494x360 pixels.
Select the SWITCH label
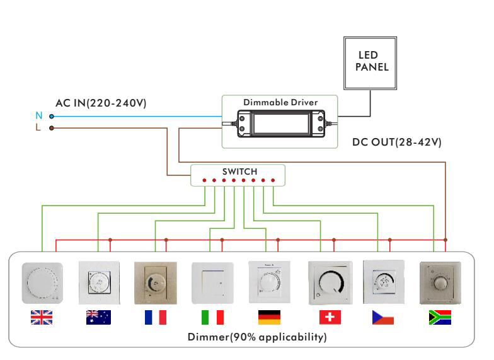pos(239,171)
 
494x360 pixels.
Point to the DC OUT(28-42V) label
pos(397,142)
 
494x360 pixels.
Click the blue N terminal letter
pos(38,116)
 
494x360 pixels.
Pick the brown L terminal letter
pos(38,128)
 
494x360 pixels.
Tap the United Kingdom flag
pos(42,318)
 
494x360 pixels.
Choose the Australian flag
pos(98,318)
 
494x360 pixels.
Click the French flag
pos(155,318)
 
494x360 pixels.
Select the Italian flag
pos(212,318)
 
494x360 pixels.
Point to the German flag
pos(269,318)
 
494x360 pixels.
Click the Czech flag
pos(382,318)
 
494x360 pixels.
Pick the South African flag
pos(439,318)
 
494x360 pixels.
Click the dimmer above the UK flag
pos(42,282)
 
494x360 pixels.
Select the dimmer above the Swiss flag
pos(328,282)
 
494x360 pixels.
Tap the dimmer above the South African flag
pos(440,282)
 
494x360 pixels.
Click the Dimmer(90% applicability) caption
pos(257,337)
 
